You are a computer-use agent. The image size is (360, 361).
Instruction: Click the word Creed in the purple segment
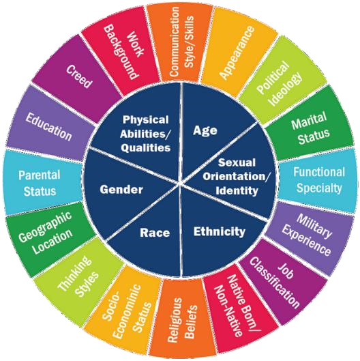[x=79, y=76]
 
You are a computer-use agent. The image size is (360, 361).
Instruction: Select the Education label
[x=48, y=127]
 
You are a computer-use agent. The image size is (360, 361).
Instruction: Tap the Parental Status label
[x=40, y=183]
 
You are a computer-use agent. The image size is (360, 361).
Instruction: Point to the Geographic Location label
[x=46, y=233]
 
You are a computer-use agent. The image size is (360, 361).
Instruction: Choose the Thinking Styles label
[x=78, y=277]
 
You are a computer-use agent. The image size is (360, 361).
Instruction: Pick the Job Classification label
[x=274, y=283]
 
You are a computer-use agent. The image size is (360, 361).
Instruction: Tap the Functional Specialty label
[x=319, y=179]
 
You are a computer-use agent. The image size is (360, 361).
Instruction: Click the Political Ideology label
[x=280, y=83]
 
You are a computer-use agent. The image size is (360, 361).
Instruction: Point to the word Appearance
[x=237, y=53]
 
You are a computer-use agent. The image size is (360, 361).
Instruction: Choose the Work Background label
[x=124, y=52]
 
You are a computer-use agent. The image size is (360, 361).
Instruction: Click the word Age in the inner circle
[x=205, y=130]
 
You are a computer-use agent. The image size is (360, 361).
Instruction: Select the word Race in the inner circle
[x=155, y=233]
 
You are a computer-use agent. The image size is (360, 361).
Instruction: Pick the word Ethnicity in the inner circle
[x=220, y=231]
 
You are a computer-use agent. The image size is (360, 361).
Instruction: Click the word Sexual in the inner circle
[x=237, y=162]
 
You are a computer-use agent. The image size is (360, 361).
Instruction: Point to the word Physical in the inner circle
[x=146, y=119]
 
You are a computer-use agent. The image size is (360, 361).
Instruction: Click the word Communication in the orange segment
[x=174, y=42]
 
